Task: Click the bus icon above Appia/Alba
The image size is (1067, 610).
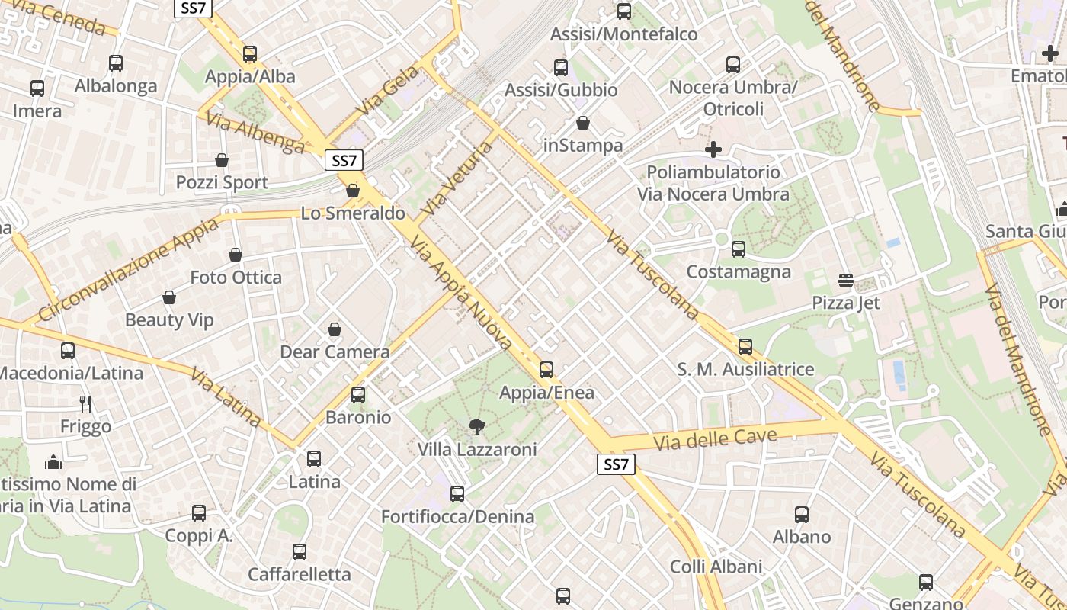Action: (250, 54)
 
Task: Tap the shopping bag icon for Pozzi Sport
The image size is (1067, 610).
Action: (222, 160)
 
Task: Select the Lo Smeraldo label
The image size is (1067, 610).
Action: (353, 213)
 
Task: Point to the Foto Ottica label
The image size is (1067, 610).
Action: (236, 277)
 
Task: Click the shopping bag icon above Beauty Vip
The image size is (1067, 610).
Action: (169, 297)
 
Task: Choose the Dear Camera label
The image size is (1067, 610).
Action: (335, 352)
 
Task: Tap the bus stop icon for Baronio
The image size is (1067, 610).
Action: (358, 395)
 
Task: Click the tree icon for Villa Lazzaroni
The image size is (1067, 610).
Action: (477, 427)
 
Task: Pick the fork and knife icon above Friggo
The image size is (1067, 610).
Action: (85, 404)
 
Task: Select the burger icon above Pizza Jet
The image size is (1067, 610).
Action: (845, 281)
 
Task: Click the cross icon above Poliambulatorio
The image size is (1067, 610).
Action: (713, 149)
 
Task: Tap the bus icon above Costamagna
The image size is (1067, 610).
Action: (738, 249)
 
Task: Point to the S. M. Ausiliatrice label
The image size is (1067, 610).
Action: (745, 370)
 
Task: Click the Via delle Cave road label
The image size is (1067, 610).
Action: (715, 439)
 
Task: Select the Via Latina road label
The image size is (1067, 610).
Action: (226, 396)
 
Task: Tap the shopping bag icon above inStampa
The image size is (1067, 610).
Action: (583, 123)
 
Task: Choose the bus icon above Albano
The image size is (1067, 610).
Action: (802, 515)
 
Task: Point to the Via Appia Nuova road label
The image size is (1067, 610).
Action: (460, 294)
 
